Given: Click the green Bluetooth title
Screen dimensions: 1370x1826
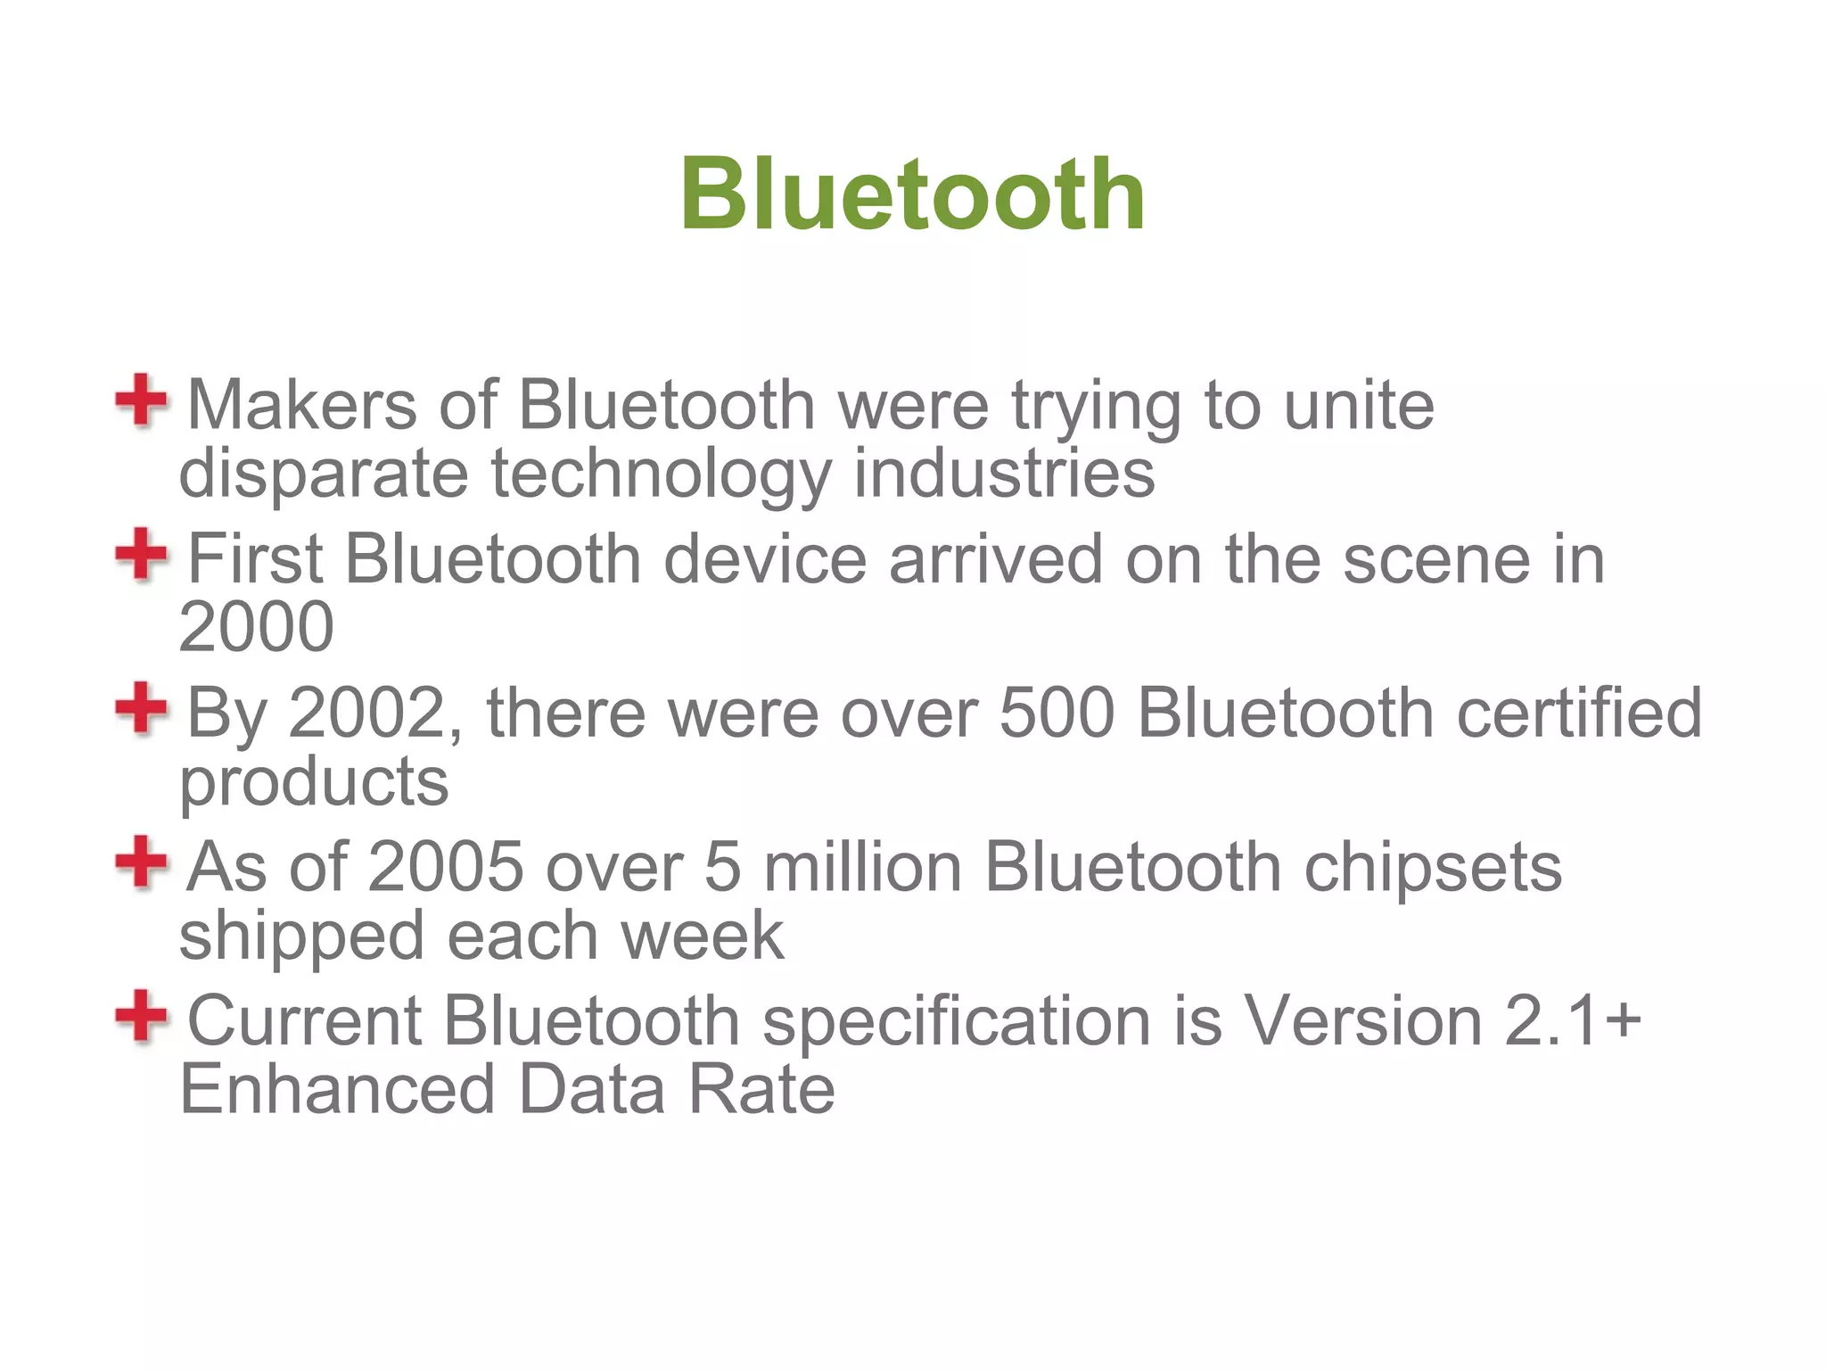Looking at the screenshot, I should point(912,194).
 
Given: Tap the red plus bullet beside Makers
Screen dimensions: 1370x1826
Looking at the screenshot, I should point(141,401).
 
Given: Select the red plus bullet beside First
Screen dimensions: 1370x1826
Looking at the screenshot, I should point(141,555).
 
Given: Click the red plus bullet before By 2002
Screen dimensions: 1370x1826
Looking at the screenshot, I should point(141,709).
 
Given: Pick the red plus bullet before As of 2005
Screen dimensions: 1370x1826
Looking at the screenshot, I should point(141,862).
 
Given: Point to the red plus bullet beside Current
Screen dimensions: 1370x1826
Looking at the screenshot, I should point(141,1017).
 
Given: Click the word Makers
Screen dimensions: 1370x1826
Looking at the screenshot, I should point(301,406).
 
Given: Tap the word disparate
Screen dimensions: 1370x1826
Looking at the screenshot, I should point(323,473).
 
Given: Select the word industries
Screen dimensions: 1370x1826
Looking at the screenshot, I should point(1004,473).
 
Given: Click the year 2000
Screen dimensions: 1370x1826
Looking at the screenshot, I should point(257,626).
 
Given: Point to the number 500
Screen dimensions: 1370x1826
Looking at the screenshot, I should point(1057,714).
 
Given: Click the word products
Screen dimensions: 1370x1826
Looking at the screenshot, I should point(314,782).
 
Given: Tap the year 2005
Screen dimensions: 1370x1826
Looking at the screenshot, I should point(446,867).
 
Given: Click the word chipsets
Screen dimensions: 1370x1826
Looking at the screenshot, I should point(1433,867).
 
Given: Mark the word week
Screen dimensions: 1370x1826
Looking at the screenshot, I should point(703,937).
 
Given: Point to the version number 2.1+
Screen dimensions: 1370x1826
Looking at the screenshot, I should point(1573,1021).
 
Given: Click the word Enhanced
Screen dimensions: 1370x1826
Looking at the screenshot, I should point(337,1090).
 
